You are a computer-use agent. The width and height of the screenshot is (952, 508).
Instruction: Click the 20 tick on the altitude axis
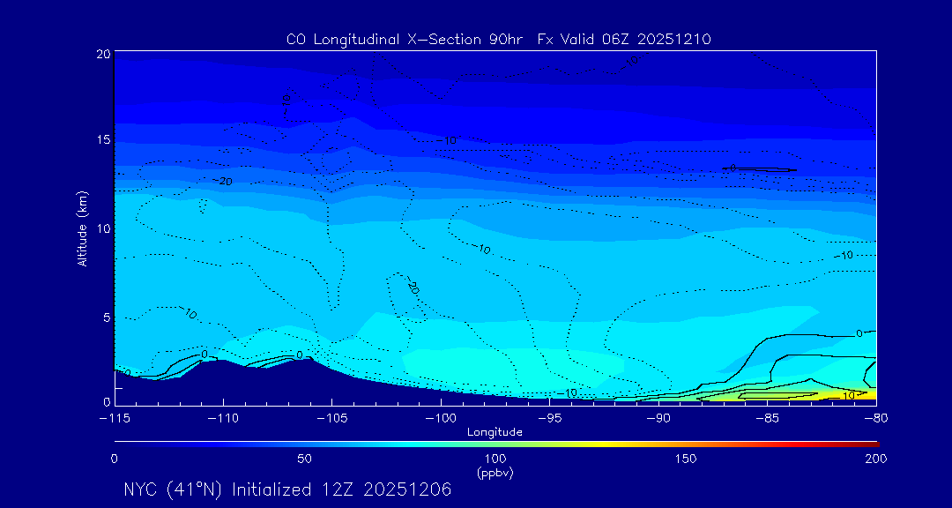pos(103,54)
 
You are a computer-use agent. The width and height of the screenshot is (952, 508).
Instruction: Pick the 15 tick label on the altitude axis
pos(103,140)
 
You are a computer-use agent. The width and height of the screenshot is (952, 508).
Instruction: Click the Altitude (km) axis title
pos(82,230)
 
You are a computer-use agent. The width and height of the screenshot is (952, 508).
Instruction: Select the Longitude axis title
pos(495,432)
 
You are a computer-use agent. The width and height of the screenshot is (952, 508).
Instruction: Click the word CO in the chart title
pos(296,40)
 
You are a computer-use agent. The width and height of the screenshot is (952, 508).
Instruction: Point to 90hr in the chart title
pos(508,40)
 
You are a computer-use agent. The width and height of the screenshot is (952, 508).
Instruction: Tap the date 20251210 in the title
pos(680,40)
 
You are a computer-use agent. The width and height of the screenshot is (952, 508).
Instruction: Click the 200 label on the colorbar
pos(875,459)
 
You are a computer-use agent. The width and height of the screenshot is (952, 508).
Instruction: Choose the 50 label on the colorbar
pos(304,459)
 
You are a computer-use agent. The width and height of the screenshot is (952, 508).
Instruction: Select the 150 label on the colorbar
pos(685,459)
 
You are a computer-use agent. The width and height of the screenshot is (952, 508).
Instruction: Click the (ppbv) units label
pos(495,473)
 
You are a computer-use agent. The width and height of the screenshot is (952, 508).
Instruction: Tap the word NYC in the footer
pos(141,489)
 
